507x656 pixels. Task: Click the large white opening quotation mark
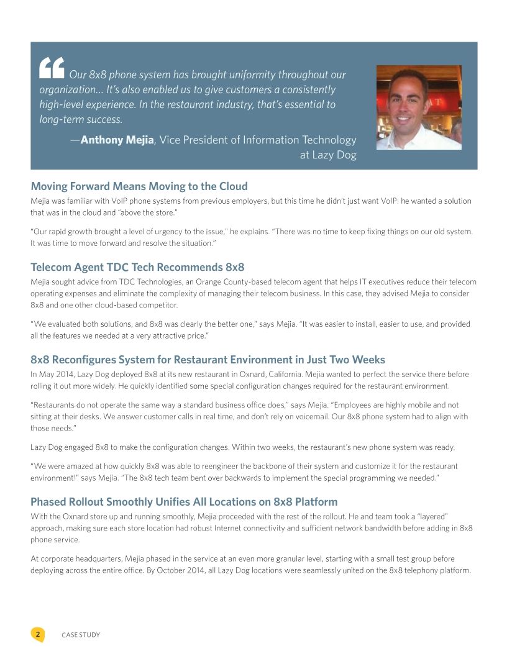point(52,68)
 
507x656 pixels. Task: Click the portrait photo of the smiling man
point(419,107)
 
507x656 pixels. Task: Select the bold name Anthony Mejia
point(117,140)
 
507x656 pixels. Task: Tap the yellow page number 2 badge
point(37,634)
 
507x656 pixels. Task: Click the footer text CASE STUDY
point(81,635)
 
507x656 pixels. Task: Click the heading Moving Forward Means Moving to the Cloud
point(139,186)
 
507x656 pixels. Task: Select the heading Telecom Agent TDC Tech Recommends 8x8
point(137,268)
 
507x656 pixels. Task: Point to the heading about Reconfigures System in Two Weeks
point(208,360)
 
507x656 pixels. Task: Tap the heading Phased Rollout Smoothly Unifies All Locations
point(184,501)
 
